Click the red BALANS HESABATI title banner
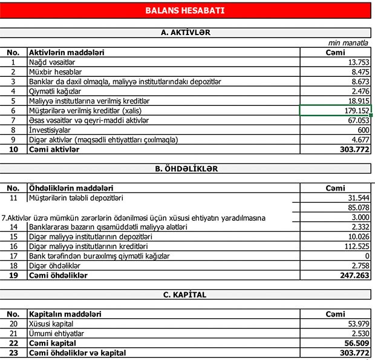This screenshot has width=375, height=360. click(185, 10)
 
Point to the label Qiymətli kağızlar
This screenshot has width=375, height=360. click(59, 91)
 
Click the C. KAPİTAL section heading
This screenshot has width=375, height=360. click(185, 295)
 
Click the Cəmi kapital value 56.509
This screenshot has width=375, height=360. click(354, 343)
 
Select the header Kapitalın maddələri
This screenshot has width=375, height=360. click(65, 314)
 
